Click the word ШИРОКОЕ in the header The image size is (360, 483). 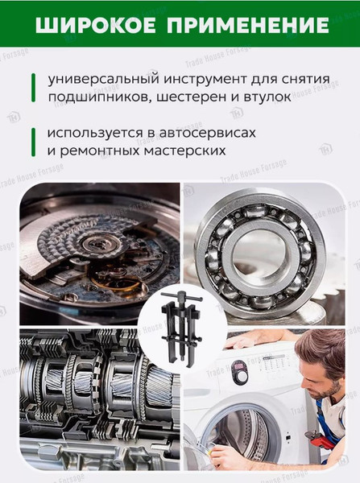click(96, 25)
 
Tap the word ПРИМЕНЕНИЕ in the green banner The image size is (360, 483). click(248, 25)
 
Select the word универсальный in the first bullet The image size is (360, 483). click(104, 80)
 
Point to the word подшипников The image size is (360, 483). click(100, 97)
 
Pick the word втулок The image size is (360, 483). click(267, 97)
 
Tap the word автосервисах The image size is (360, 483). click(208, 133)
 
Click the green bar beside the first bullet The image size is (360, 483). click(33, 88)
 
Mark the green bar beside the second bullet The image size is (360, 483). click(33, 142)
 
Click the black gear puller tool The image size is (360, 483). click(182, 327)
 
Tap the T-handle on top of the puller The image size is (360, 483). click(182, 297)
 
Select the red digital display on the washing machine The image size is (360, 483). click(239, 367)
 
